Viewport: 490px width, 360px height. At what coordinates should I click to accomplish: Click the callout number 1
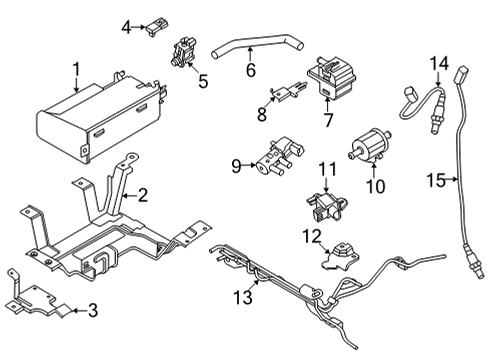click(75, 70)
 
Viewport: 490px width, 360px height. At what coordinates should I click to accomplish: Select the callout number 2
click(143, 196)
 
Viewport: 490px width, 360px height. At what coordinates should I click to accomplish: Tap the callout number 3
click(92, 311)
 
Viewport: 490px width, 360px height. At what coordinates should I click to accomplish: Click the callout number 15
click(433, 180)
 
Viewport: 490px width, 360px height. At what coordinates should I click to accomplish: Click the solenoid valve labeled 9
click(280, 155)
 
